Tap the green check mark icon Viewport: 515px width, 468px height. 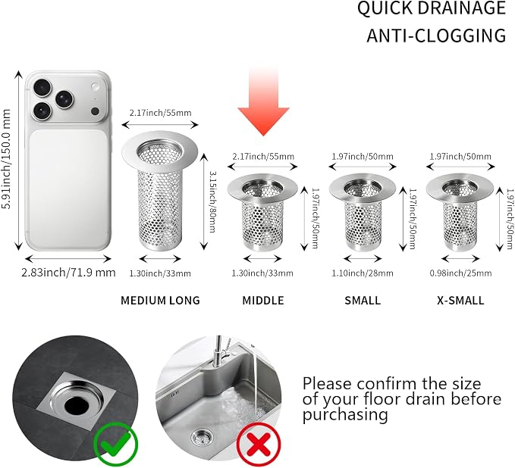point(116,444)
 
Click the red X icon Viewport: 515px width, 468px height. point(259,444)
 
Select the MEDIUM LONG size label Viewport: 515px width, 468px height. point(160,301)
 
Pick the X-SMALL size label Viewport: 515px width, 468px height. point(460,301)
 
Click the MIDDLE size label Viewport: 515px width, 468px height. point(263,301)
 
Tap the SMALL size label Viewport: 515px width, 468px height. point(363,301)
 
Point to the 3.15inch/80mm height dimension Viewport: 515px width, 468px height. point(213,201)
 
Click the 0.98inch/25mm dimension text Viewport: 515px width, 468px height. point(460,273)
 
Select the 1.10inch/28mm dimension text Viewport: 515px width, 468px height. point(363,273)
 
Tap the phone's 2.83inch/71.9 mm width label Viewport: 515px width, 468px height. point(68,273)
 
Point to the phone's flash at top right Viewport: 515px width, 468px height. point(95,87)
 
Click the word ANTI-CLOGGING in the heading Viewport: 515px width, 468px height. point(436,36)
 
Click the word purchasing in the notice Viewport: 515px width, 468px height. point(345,415)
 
